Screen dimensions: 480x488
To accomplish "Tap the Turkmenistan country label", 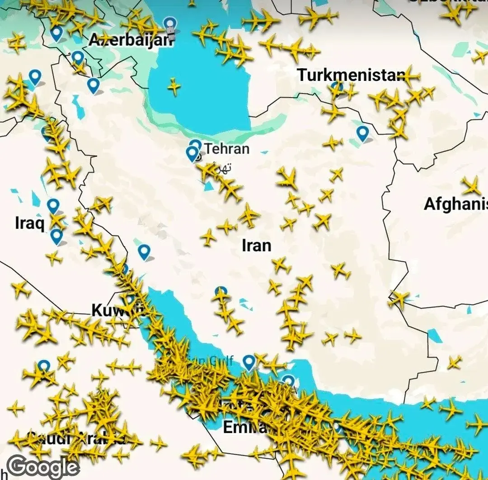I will pyautogui.click(x=351, y=75).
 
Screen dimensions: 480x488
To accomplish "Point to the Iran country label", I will pyautogui.click(x=257, y=245).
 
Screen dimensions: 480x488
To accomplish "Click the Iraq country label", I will pyautogui.click(x=29, y=223).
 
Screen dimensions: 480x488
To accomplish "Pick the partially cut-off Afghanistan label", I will pyautogui.click(x=455, y=204).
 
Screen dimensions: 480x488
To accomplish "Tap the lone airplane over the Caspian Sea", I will pyautogui.click(x=174, y=86).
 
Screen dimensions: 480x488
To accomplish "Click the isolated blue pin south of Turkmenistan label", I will pyautogui.click(x=362, y=133).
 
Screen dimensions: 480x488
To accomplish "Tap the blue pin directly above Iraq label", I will pyautogui.click(x=53, y=206).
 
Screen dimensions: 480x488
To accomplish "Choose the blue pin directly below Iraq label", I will pyautogui.click(x=56, y=236).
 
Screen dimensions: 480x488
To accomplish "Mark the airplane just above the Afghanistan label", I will pyautogui.click(x=471, y=186).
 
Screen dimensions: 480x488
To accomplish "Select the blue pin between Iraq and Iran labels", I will pyautogui.click(x=144, y=251).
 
